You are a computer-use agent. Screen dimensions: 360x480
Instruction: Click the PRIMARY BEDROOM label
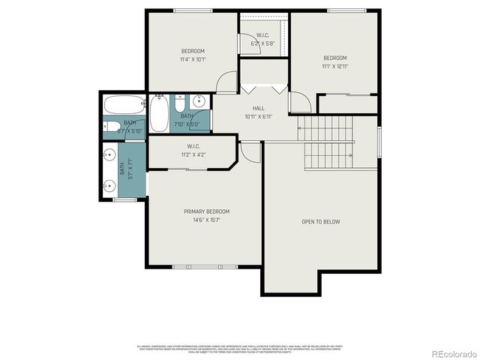[206, 211]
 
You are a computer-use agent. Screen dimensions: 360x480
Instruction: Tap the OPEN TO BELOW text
[320, 222]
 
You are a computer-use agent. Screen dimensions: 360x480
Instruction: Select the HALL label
[258, 108]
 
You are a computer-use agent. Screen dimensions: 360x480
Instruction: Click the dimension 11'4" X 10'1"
[192, 59]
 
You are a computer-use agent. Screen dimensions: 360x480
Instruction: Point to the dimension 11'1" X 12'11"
[334, 66]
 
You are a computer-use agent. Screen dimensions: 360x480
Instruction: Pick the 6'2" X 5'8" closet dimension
[262, 43]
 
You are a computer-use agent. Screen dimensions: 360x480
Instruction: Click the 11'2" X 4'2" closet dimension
[193, 154]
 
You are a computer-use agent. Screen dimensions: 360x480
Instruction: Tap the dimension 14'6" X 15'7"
[206, 220]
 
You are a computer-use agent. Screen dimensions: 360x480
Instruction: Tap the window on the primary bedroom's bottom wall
[205, 266]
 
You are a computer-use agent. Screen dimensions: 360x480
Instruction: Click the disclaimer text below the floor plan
[239, 349]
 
